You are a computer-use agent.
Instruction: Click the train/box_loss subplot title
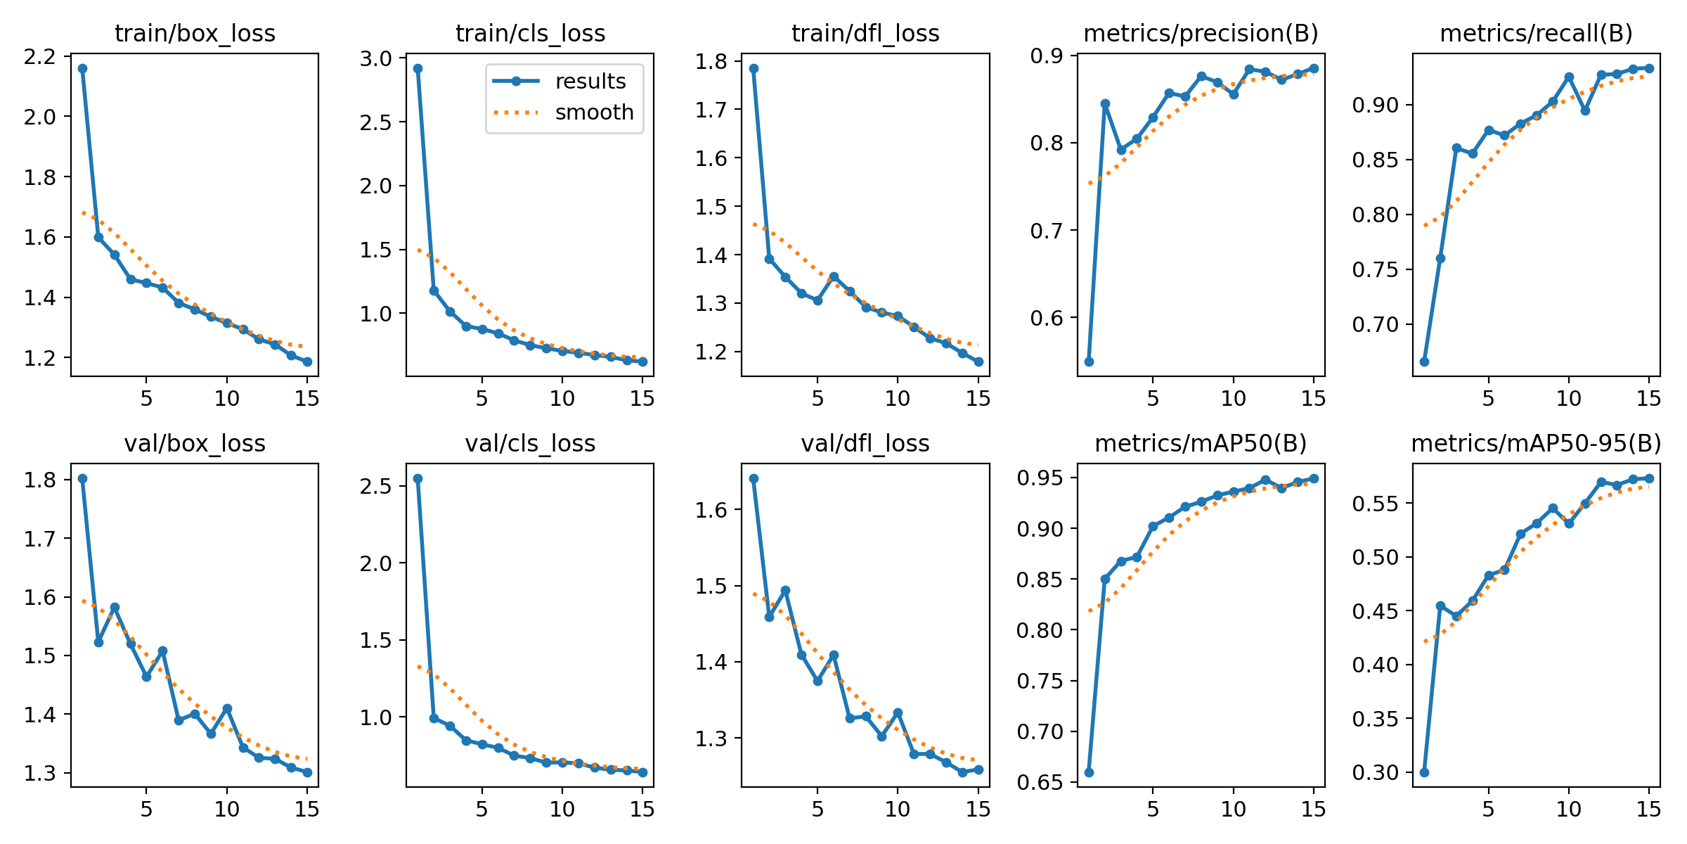(x=195, y=33)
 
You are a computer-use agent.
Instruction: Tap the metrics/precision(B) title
(x=1201, y=33)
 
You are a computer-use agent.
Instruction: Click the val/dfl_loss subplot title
(x=865, y=444)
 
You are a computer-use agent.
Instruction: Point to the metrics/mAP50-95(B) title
(x=1536, y=444)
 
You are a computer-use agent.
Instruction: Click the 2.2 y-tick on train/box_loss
(x=40, y=56)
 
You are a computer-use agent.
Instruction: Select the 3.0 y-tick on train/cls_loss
(x=377, y=58)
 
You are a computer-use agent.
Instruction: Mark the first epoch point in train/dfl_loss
(x=754, y=68)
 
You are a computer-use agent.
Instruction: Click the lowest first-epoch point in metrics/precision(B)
(x=1089, y=362)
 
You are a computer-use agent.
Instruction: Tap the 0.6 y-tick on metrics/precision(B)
(x=1047, y=318)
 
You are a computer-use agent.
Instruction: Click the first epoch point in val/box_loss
(x=82, y=478)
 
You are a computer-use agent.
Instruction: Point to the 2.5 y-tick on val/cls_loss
(x=377, y=486)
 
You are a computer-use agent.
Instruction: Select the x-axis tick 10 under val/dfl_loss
(x=897, y=810)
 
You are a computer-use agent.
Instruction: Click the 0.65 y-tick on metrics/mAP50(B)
(x=1040, y=782)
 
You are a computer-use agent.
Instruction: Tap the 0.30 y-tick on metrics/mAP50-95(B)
(x=1376, y=773)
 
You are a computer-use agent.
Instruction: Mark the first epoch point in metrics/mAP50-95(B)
(x=1424, y=772)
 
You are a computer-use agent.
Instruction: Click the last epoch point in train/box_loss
(x=307, y=362)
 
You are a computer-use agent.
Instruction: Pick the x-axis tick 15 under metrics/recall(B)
(x=1648, y=399)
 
